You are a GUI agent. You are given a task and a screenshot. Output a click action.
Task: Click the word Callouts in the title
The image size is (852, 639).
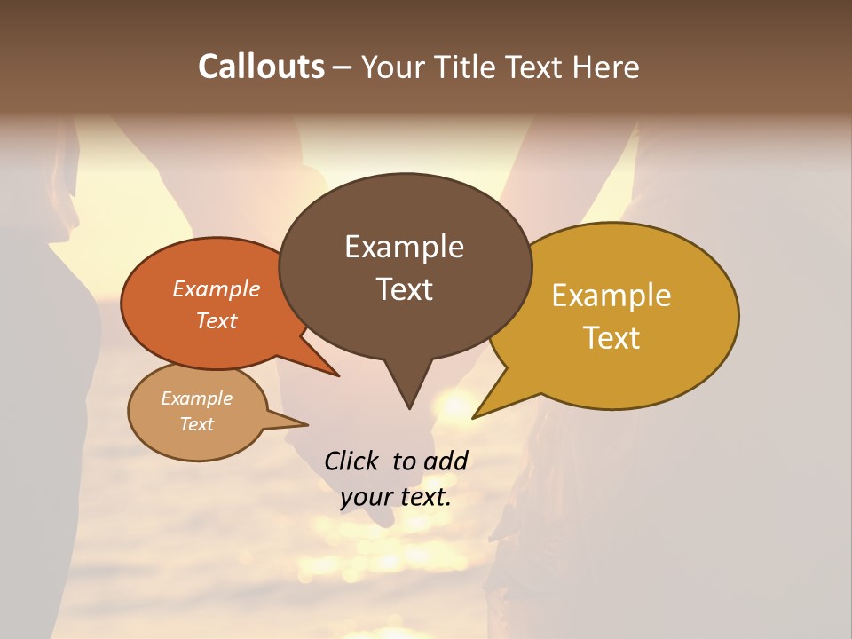(261, 67)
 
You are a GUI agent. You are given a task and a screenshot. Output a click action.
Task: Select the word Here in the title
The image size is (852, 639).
(607, 67)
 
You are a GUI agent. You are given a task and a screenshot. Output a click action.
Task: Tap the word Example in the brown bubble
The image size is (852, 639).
(404, 247)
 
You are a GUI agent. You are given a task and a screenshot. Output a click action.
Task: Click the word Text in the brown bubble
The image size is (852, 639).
(404, 289)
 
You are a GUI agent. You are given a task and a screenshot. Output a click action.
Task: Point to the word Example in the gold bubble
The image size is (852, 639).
(611, 296)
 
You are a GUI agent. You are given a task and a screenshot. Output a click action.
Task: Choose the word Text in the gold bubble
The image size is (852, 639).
(611, 338)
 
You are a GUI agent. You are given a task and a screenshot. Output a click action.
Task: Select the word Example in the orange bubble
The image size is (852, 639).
(216, 288)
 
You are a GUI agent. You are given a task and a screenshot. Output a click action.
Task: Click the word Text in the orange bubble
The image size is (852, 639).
(216, 320)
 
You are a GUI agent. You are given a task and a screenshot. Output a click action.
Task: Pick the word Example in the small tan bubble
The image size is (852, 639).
(196, 398)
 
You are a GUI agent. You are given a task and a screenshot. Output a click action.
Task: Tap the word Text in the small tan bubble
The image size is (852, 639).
(196, 424)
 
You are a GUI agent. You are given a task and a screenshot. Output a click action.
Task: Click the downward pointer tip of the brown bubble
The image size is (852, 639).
(409, 407)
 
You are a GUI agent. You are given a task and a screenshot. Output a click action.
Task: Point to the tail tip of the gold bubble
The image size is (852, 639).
(474, 417)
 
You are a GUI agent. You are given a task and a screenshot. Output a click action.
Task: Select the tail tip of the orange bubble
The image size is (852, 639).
(338, 376)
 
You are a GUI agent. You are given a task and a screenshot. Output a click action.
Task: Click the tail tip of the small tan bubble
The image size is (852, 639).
(306, 424)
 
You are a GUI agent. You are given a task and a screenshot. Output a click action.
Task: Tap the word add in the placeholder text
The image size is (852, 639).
(446, 461)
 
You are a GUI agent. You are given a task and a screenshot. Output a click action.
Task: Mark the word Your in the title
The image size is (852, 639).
(390, 67)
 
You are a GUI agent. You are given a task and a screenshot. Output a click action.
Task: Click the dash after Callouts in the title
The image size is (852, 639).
(343, 67)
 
